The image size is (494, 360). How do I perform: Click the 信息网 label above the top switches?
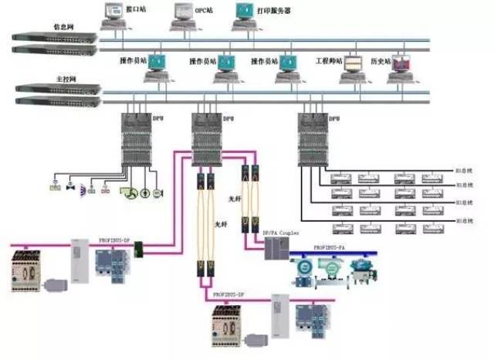point(63,26)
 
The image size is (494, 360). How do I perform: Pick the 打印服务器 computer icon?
point(244,15)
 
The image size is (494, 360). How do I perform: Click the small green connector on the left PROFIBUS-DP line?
point(139,249)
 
